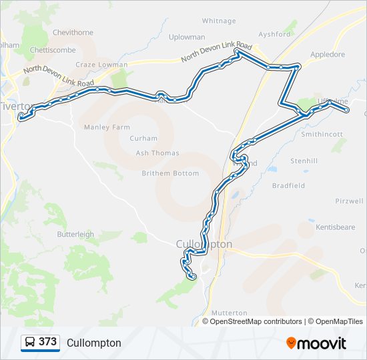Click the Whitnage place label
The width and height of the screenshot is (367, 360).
click(218, 21)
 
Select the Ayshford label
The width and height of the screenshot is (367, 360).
click(275, 34)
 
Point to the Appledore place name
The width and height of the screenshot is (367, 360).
click(326, 55)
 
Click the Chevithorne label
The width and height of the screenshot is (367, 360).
click(73, 32)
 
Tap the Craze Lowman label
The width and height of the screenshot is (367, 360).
click(101, 65)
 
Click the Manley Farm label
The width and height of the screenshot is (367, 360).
click(106, 127)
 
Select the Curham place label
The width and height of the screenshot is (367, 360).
click(143, 139)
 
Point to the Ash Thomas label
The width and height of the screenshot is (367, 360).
click(157, 153)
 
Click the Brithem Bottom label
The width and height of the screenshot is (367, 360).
click(170, 173)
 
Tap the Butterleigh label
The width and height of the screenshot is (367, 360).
click(75, 234)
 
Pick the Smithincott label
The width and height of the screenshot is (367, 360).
click(322, 134)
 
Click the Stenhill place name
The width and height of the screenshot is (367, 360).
click(304, 161)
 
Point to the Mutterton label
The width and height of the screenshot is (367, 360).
click(229, 313)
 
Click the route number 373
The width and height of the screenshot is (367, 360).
click(47, 342)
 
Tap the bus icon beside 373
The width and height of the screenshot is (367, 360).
click(30, 343)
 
